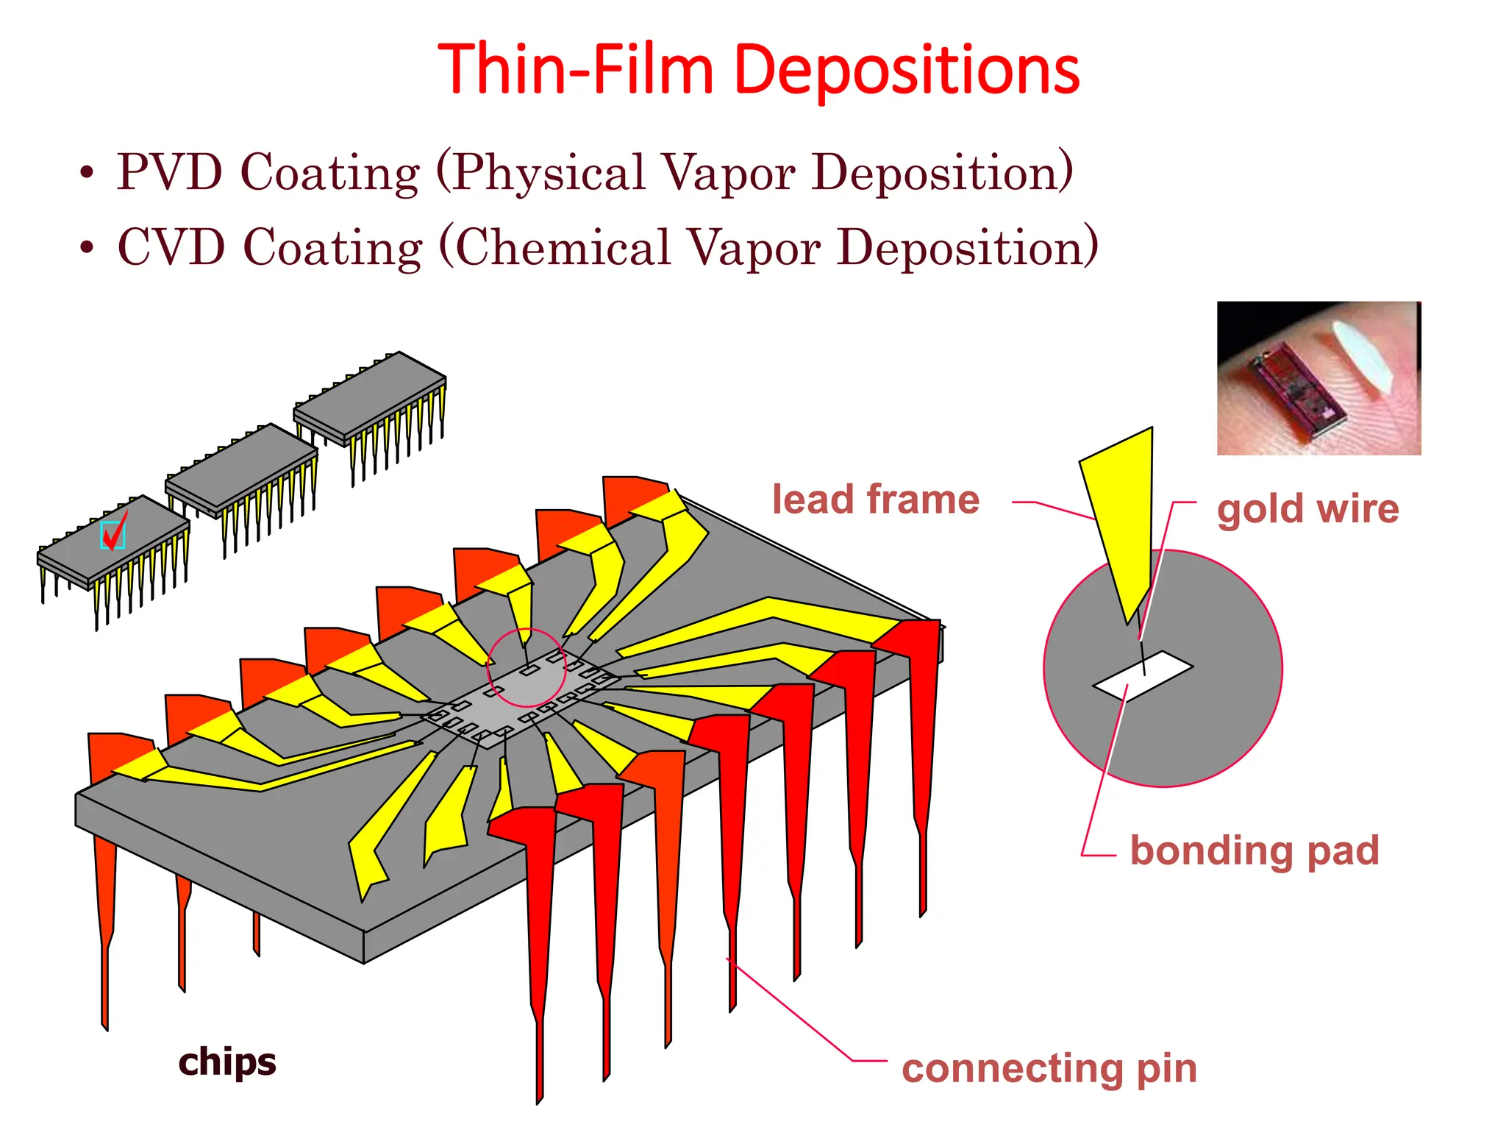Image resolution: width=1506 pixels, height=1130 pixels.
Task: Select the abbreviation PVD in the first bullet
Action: coord(169,173)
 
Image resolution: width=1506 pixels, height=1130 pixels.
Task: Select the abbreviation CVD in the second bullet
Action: coord(171,248)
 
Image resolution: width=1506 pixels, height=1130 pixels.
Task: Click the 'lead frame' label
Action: coord(875,500)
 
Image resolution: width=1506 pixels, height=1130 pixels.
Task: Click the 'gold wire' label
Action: coord(1307,509)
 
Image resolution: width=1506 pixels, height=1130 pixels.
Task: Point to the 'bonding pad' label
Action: coord(1254,851)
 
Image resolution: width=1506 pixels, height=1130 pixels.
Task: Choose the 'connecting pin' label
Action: coord(1049,1069)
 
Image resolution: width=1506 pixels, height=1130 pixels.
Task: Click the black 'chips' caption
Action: coord(227,1062)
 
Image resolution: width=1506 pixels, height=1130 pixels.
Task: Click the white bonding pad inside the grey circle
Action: coord(1143,675)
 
